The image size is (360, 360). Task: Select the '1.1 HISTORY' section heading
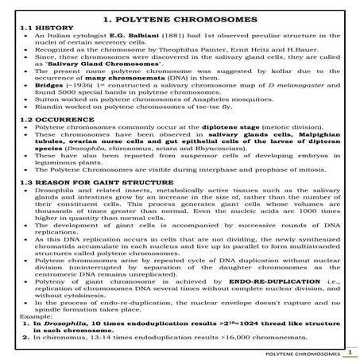pos(40,27)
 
